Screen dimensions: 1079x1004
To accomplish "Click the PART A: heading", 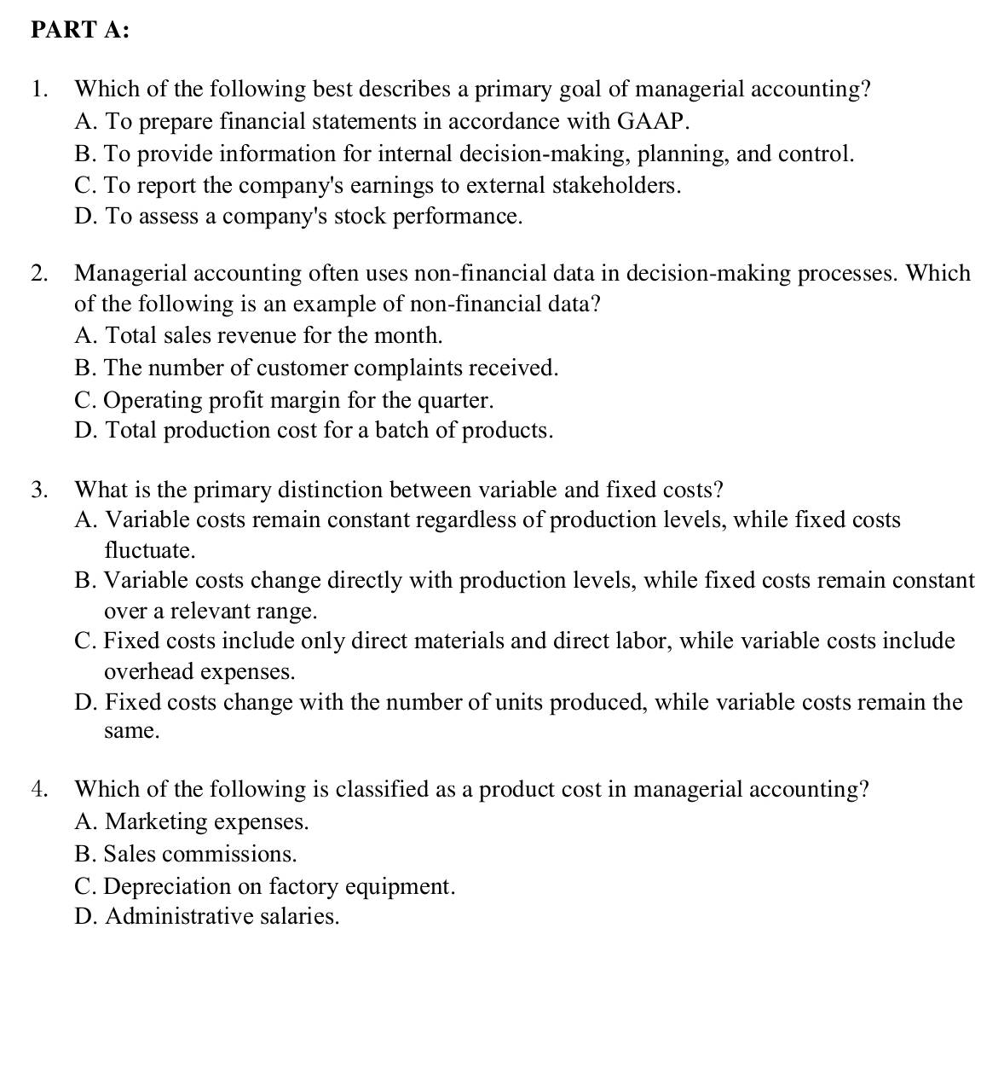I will click(80, 30).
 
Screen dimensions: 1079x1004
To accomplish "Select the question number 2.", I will click(39, 273).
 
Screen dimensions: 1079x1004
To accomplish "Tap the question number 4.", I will click(39, 789).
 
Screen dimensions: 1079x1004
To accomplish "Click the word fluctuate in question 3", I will click(148, 550).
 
